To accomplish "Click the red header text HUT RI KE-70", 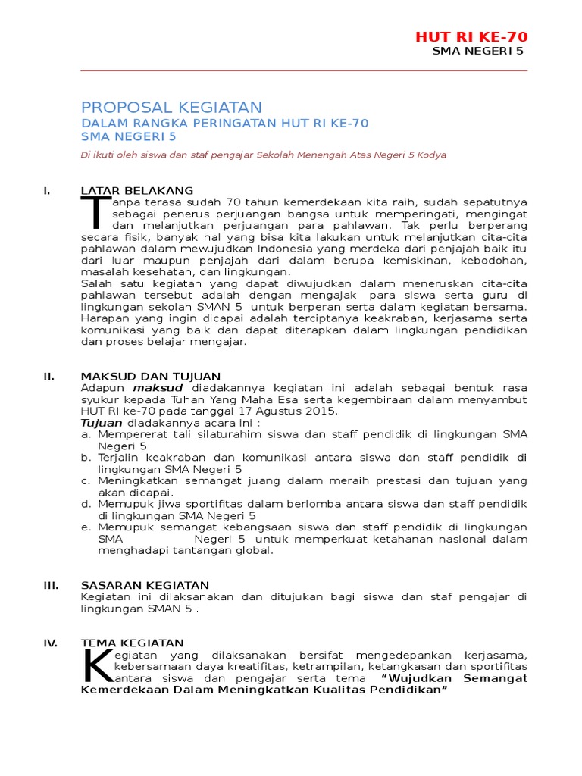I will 471,37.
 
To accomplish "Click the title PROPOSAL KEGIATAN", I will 171,108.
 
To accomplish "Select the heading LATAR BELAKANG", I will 137,190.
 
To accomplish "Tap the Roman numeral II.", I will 49,376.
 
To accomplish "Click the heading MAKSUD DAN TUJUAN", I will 151,376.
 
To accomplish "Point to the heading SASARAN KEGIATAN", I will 145,585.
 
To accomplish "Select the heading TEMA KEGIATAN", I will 133,643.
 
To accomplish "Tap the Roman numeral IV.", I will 51,643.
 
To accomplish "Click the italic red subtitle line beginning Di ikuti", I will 264,155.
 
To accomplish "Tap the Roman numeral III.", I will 51,585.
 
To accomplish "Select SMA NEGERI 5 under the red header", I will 477,52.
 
